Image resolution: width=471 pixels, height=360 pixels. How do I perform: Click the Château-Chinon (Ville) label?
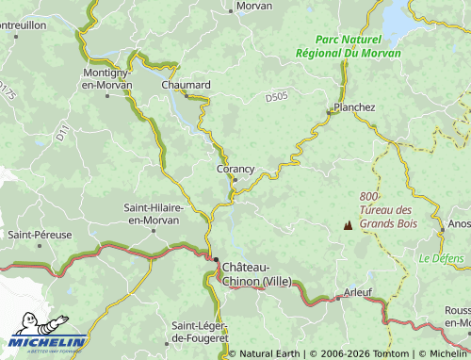(x=256, y=274)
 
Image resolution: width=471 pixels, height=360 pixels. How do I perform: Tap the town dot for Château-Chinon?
(x=216, y=260)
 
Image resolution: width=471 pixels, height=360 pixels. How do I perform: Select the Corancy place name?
(x=235, y=169)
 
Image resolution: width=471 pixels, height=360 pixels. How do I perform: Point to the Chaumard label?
(x=186, y=84)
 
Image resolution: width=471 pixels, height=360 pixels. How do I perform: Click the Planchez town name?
(x=354, y=107)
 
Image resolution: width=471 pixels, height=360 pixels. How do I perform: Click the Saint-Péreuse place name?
(x=40, y=234)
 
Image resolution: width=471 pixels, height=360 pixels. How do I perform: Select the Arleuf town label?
(x=358, y=292)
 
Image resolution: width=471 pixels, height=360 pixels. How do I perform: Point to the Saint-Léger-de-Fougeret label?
(x=200, y=330)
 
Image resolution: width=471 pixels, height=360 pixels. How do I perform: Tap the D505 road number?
(x=276, y=96)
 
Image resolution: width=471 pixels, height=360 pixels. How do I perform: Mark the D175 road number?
(x=8, y=91)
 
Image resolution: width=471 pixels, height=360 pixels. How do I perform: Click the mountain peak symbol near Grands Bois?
(x=349, y=226)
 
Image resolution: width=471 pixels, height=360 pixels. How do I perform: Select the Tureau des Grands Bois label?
(x=388, y=217)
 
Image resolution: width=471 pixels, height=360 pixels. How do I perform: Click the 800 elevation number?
(x=369, y=196)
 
